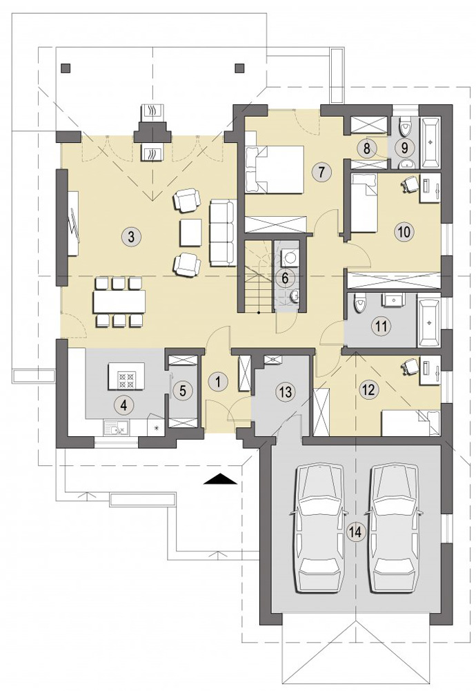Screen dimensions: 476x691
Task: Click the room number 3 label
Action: [x=130, y=237]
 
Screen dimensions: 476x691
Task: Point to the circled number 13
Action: [x=286, y=392]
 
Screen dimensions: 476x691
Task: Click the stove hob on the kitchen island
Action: [x=127, y=380]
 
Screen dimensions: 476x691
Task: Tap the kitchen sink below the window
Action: [x=117, y=427]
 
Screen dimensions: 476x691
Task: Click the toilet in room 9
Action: [x=405, y=126]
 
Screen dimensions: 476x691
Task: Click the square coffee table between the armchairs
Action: [x=190, y=233]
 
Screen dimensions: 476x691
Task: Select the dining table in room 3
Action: [x=119, y=302]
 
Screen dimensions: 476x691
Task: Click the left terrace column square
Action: [x=65, y=68]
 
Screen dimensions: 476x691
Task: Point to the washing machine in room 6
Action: [x=290, y=257]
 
